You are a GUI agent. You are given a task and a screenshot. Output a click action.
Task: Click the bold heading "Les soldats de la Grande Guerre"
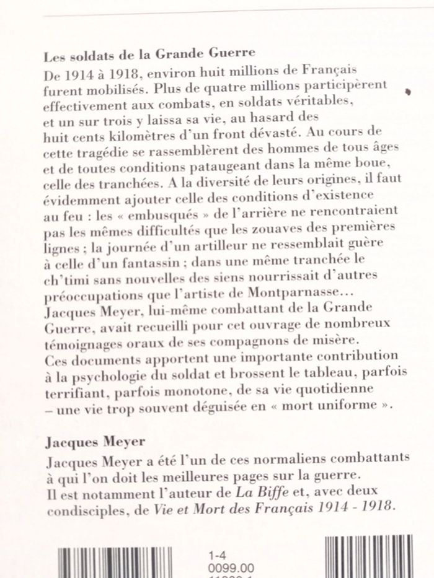click(x=150, y=55)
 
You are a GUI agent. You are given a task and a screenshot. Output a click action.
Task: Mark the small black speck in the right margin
click(x=408, y=92)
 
